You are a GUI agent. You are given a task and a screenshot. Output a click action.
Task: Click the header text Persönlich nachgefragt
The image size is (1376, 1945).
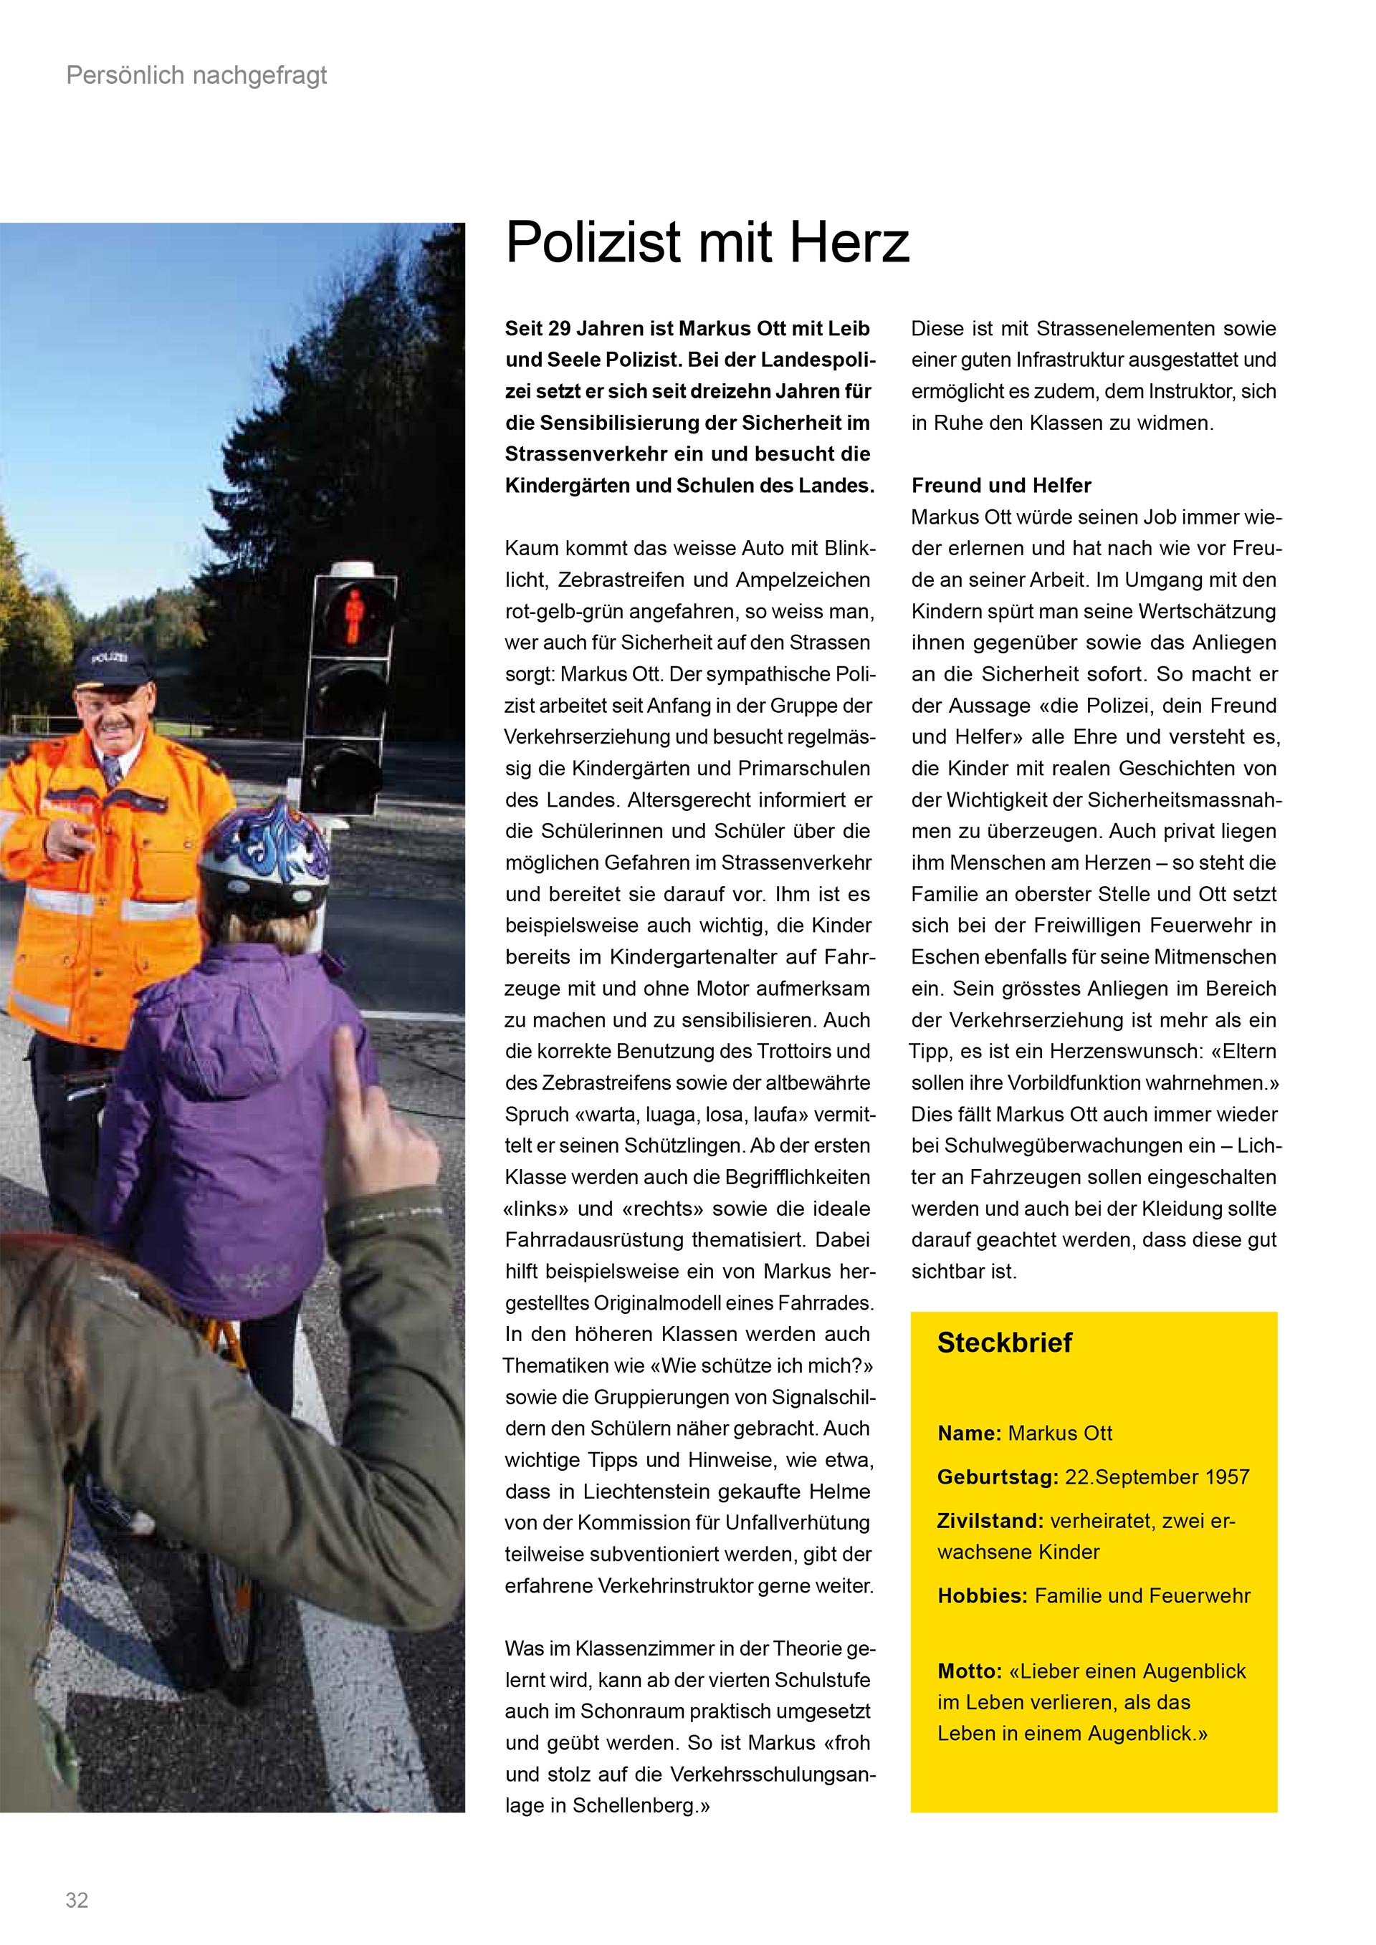196,76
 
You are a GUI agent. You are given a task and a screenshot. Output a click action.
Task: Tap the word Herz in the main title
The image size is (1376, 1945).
849,243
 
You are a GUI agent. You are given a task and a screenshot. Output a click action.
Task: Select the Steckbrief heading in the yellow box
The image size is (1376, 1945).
1004,1343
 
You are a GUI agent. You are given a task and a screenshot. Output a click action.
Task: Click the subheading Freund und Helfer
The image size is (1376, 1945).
1000,486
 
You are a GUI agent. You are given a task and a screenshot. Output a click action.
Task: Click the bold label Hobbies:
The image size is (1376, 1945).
982,1596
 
